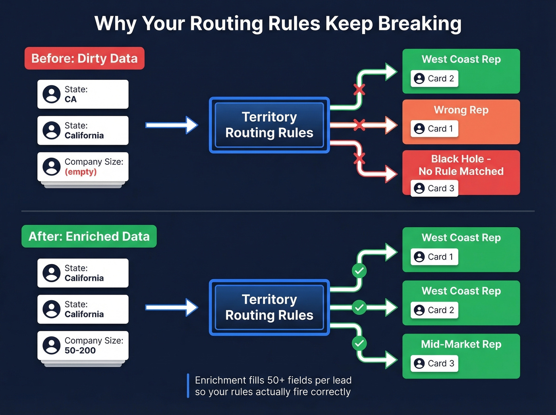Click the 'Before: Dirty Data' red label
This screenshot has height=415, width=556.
tap(84, 58)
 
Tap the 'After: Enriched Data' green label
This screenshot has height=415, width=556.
tap(89, 236)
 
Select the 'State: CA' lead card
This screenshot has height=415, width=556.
tap(83, 94)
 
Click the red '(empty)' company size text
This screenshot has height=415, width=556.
tap(81, 172)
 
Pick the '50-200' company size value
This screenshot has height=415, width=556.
tap(80, 350)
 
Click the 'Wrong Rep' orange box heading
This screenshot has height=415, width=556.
tap(461, 110)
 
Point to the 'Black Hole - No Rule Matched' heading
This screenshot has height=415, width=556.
tap(461, 165)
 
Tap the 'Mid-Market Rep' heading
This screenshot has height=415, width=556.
tap(461, 344)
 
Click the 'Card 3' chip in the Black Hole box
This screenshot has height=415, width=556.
tap(434, 188)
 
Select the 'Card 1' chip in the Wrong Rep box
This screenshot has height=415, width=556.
tap(434, 129)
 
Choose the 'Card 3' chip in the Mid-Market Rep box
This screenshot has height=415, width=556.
tap(434, 363)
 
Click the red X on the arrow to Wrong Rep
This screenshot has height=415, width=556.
tap(359, 125)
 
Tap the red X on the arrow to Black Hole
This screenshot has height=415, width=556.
tap(359, 159)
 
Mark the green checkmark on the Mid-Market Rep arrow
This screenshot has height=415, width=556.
tap(359, 343)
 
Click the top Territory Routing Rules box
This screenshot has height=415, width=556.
tap(269, 125)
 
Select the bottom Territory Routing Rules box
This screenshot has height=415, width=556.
tap(269, 307)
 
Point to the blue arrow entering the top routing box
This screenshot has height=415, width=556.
tap(172, 125)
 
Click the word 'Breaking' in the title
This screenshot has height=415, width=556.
tap(419, 23)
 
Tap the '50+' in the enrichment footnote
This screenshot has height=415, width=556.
tap(276, 380)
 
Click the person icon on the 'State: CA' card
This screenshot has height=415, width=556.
tap(52, 95)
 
